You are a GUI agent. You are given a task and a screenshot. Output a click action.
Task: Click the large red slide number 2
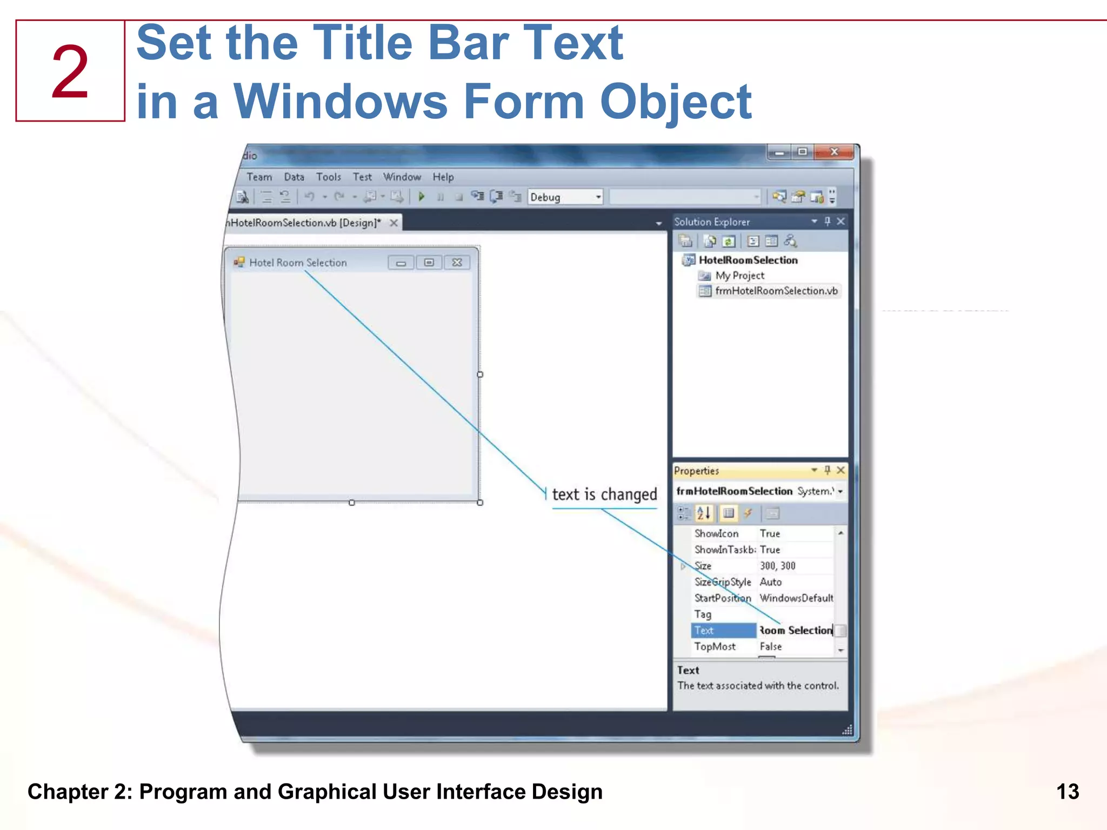coord(70,72)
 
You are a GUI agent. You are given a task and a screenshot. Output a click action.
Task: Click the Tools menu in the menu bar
coord(329,177)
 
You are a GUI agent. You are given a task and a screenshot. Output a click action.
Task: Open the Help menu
coord(443,177)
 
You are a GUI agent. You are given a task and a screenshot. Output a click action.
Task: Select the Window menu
coord(402,177)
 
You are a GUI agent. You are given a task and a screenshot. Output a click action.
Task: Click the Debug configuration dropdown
coord(565,197)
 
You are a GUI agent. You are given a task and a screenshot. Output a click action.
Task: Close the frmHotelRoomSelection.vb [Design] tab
coord(394,223)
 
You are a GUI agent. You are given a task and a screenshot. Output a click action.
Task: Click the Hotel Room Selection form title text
coord(298,263)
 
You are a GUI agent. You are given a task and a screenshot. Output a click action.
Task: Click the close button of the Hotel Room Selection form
coord(457,263)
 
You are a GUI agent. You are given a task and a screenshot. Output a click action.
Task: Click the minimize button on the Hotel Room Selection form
coord(401,263)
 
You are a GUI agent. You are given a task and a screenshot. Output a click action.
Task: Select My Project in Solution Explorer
coord(739,276)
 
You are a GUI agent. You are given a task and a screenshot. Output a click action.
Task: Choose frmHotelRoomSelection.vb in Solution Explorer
coord(776,291)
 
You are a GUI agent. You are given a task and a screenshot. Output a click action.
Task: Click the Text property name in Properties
coord(704,631)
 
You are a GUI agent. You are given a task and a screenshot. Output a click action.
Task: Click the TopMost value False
coord(771,647)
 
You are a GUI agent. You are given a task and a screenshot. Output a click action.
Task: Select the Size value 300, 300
coord(777,566)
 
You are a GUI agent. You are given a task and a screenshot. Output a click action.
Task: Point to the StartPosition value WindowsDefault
coord(796,598)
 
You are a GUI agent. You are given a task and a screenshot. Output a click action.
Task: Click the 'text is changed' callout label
coord(604,494)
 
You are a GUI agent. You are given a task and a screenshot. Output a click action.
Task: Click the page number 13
coord(1068,792)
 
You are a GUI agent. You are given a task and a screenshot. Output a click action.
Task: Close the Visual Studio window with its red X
coord(834,152)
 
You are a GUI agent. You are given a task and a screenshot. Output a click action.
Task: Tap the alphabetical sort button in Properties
coord(703,513)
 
